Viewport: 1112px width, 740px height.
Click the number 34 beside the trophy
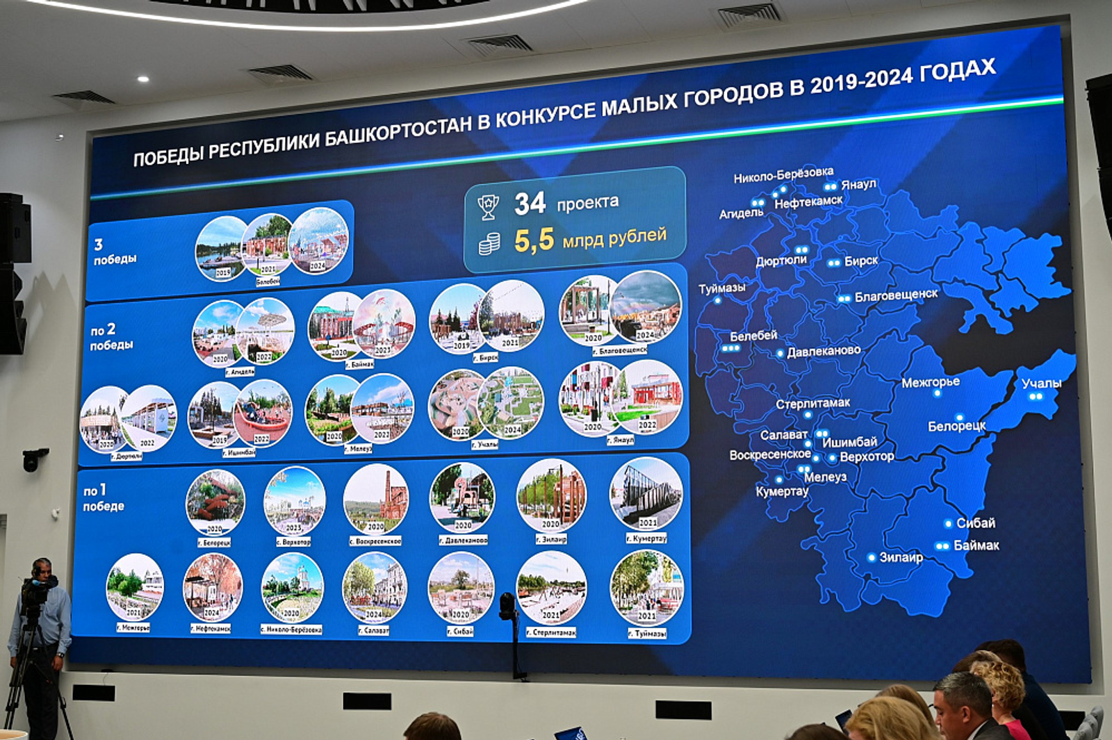(530, 204)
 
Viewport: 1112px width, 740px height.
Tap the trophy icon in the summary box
(489, 206)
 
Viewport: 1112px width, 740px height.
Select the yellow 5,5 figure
(534, 240)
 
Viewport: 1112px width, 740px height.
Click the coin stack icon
(489, 243)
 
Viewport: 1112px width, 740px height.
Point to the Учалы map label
(1041, 383)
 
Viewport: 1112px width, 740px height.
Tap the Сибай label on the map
(975, 523)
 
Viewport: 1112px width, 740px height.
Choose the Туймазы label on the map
(721, 288)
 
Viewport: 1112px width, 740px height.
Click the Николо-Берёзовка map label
(783, 174)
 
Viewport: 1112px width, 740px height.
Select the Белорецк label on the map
(956, 425)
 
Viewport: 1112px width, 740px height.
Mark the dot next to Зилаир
(872, 557)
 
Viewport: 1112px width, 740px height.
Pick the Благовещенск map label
(895, 295)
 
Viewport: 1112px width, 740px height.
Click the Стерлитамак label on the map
(812, 403)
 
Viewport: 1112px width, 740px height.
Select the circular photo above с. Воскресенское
(376, 498)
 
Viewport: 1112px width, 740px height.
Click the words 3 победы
(114, 252)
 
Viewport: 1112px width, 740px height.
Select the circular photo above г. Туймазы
(646, 588)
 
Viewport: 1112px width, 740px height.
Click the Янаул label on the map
(858, 185)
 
